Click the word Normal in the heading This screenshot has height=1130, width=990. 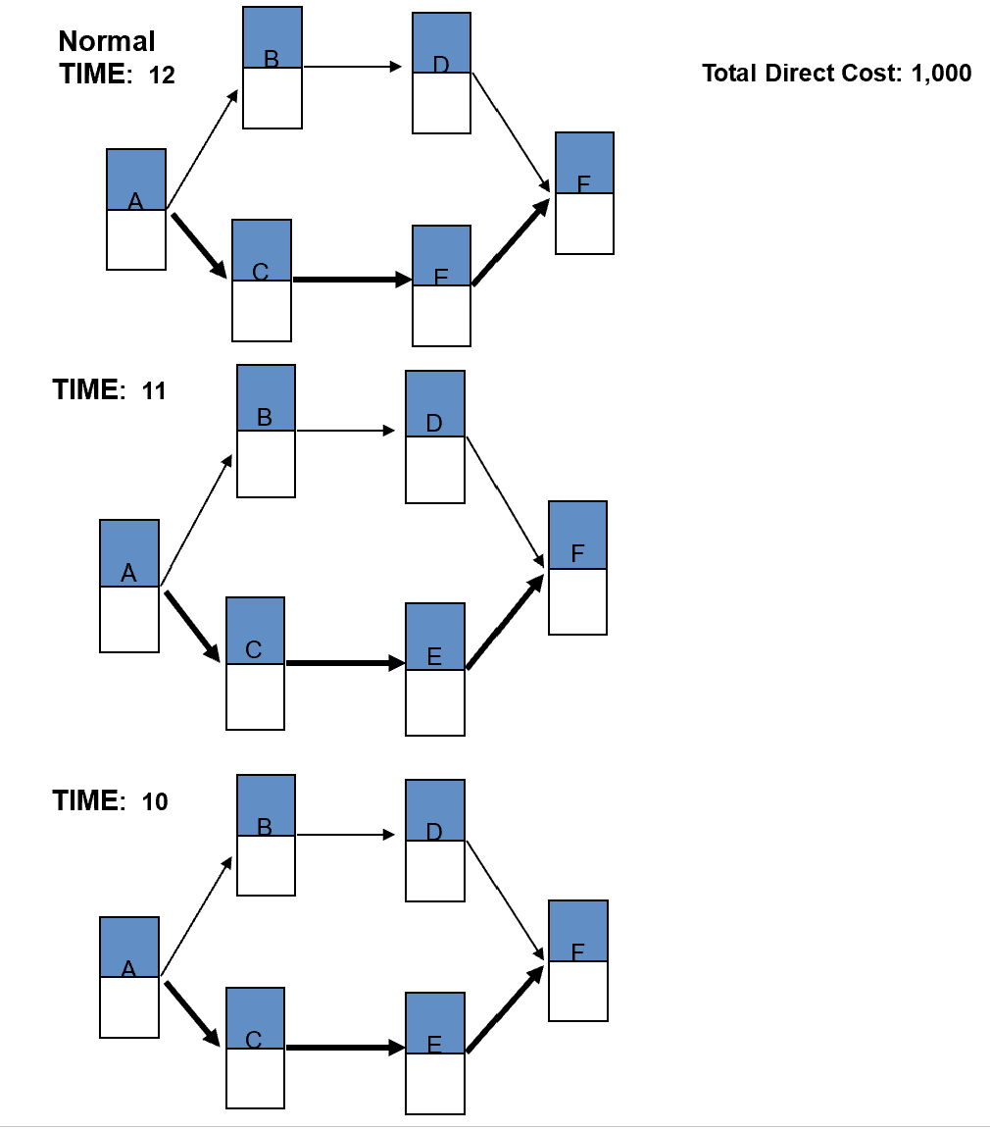coord(107,41)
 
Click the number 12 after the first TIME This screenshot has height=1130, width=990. coord(162,76)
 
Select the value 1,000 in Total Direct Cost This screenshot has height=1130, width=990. coord(941,74)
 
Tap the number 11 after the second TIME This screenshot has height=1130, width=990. coord(154,391)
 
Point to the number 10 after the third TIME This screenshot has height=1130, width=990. coord(155,802)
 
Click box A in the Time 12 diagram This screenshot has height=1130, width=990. coord(136,209)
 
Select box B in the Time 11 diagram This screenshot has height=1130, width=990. coord(266,431)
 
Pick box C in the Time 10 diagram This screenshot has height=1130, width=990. coord(255,1048)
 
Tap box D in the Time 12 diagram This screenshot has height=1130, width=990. coord(441,73)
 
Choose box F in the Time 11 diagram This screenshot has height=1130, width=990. coord(577,568)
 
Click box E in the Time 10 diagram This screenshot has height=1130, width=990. coord(435,1053)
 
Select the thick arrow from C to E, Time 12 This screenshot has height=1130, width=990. coord(351,280)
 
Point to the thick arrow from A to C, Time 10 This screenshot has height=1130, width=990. coord(192,1011)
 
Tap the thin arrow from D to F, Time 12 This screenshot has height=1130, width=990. coord(509,128)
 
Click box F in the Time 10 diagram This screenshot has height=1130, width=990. coord(578,960)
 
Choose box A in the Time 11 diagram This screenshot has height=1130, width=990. coord(129,586)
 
